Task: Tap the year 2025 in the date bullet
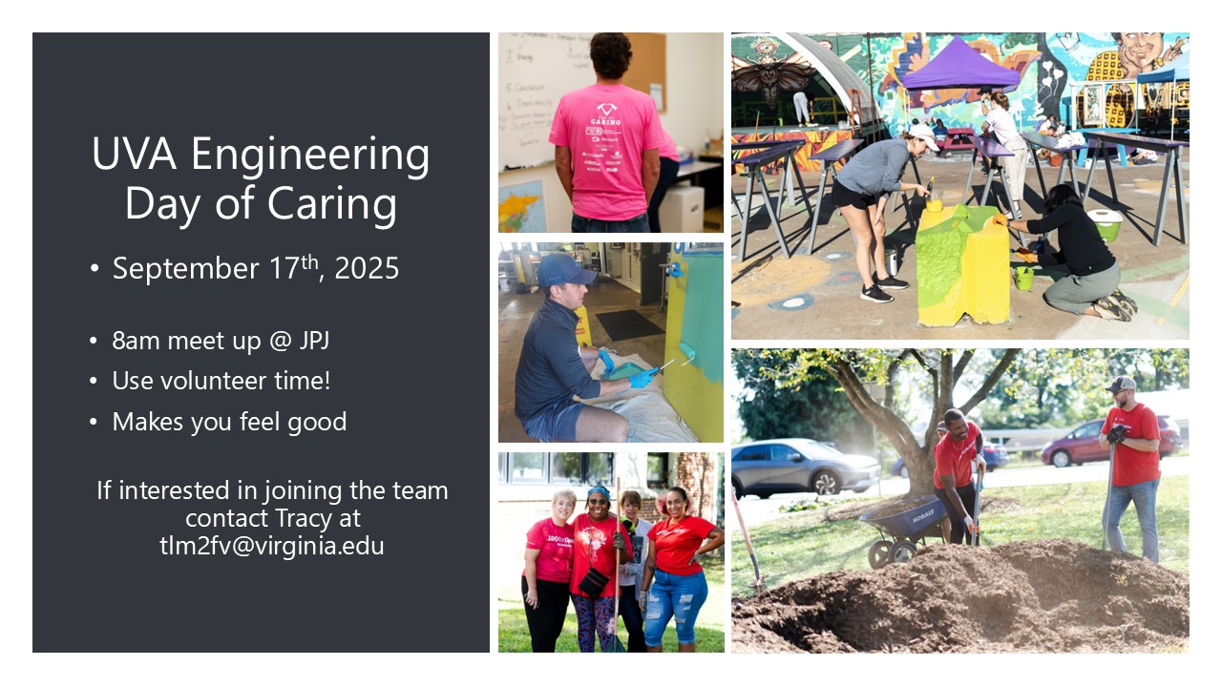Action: (367, 268)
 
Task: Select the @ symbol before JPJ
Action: (280, 342)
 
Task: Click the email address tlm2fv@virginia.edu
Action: (272, 546)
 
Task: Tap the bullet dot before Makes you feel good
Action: (94, 422)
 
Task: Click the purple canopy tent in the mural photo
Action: (960, 64)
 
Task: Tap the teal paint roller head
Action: (687, 350)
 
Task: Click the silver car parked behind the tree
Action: (804, 468)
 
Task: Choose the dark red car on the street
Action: (1109, 442)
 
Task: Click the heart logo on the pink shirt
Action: (606, 109)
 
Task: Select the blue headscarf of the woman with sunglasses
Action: (599, 493)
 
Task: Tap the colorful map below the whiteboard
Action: (522, 206)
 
